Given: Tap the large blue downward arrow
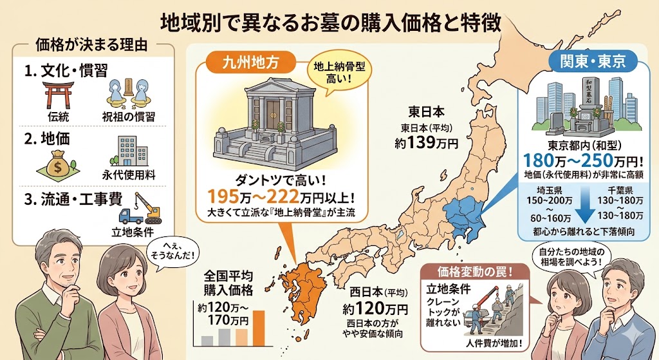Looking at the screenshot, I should tap(583, 207).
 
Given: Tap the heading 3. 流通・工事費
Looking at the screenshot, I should tap(73, 198).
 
